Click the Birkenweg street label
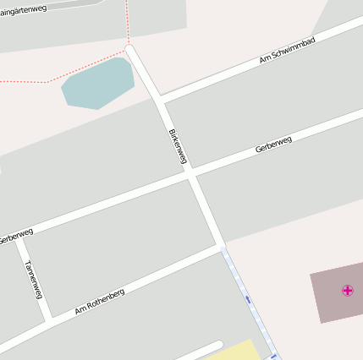[x=178, y=145]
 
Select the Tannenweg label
[x=34, y=279]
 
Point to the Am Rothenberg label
[x=100, y=302]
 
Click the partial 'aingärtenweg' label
[x=23, y=10]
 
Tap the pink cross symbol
[x=347, y=291]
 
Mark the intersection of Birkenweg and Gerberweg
[x=191, y=174]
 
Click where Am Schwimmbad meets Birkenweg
[x=158, y=101]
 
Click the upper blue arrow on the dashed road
[x=247, y=298]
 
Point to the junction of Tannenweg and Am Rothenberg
[x=48, y=319]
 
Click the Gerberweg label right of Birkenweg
[x=273, y=145]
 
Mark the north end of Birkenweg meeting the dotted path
[x=129, y=46]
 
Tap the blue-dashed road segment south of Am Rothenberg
[x=250, y=304]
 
